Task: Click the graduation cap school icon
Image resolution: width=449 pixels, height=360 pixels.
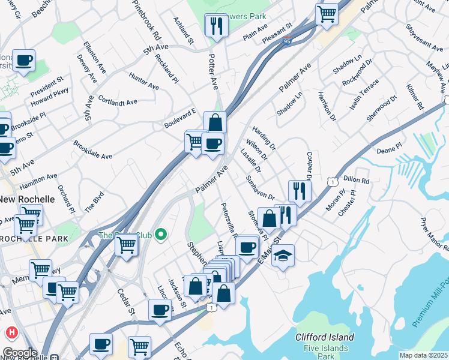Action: pyautogui.click(x=283, y=256)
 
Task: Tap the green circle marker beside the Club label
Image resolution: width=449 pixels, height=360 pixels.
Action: pyautogui.click(x=160, y=235)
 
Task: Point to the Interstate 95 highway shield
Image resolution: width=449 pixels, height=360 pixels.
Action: pyautogui.click(x=288, y=41)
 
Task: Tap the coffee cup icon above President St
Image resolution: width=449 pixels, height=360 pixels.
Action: pyautogui.click(x=23, y=61)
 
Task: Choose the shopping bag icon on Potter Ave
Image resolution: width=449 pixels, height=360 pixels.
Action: pyautogui.click(x=215, y=123)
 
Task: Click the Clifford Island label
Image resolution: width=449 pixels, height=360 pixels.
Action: pyautogui.click(x=325, y=337)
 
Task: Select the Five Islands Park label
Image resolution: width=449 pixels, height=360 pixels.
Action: pyautogui.click(x=325, y=352)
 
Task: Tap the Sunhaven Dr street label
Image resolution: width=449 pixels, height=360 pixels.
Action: pyautogui.click(x=260, y=188)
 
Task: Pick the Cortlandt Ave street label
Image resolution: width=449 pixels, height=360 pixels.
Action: pyautogui.click(x=118, y=102)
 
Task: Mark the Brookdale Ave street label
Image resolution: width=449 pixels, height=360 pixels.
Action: pyautogui.click(x=93, y=150)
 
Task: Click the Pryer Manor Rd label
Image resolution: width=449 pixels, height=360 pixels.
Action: pyautogui.click(x=435, y=235)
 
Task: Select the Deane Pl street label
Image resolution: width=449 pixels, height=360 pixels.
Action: pyautogui.click(x=388, y=148)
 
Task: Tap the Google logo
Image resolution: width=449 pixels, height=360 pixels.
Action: pyautogui.click(x=19, y=352)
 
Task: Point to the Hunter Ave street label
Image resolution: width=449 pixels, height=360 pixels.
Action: pyautogui.click(x=144, y=81)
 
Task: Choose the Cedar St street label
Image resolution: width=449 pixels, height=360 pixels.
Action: pyautogui.click(x=127, y=303)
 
